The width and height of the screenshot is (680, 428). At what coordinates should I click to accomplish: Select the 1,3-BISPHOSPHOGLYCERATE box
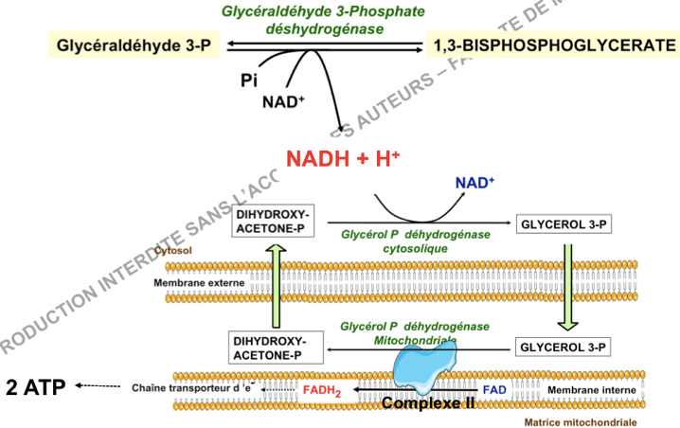click(x=553, y=45)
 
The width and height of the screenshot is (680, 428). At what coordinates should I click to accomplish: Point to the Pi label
click(x=248, y=82)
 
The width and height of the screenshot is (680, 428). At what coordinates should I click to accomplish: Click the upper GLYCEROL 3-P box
click(x=561, y=224)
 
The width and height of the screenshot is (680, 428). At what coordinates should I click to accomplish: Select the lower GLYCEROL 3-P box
click(x=561, y=347)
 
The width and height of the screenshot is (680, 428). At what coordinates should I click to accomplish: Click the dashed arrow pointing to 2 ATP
click(x=98, y=386)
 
